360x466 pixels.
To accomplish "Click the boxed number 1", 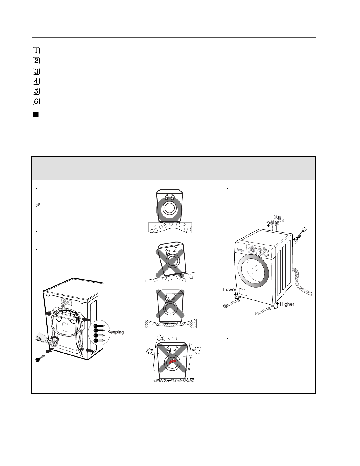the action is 36,51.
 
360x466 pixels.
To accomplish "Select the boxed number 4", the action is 36,81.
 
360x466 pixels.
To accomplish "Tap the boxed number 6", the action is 36,101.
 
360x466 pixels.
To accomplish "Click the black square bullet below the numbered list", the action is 36,115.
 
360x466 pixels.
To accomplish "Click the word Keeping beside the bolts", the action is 115,332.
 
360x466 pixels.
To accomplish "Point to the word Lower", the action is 230,290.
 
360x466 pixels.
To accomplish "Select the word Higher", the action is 287,304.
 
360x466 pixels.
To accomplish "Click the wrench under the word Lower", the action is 231,303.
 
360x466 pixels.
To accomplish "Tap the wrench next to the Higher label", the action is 263,311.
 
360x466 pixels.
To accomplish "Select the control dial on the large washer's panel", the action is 253,250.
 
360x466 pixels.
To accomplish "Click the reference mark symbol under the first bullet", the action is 38,205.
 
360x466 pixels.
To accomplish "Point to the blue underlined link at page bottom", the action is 58,464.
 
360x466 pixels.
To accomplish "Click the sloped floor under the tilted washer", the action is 171,278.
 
